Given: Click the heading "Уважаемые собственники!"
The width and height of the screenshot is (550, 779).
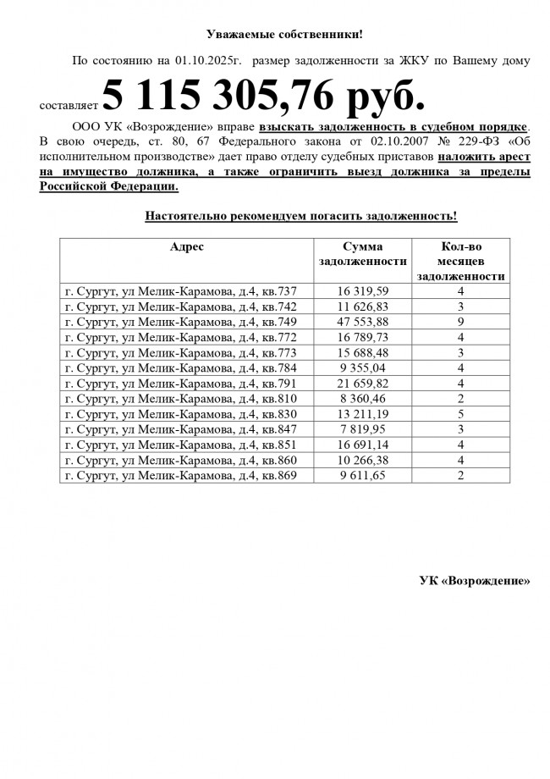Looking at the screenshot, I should point(284,34).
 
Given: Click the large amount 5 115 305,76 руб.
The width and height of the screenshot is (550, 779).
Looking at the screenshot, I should point(263,99).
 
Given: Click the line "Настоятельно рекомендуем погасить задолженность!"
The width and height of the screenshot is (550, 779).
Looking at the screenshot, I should point(300,216).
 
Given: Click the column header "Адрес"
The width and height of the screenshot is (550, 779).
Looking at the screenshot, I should point(186,246).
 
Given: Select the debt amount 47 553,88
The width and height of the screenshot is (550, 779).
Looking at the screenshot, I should point(362,322).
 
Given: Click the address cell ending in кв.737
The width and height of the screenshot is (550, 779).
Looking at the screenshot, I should point(181,291).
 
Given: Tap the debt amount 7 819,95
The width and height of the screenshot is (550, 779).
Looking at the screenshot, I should point(362,429).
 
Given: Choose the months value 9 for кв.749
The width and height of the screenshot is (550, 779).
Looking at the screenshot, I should point(461,322).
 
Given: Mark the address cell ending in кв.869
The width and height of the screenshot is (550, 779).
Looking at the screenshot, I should point(181,475).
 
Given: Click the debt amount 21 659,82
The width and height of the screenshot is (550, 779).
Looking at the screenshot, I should point(362,384).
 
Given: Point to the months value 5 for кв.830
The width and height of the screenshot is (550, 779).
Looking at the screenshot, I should point(461,414).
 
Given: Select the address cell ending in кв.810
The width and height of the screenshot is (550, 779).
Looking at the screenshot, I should point(181,399).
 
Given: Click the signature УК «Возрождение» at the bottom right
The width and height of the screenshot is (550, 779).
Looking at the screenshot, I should point(475,581).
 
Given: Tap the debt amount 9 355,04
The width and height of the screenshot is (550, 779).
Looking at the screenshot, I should point(362,368).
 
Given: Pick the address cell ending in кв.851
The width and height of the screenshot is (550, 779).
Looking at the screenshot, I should point(181,445).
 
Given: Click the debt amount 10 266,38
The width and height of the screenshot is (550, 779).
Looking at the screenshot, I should point(362,460).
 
